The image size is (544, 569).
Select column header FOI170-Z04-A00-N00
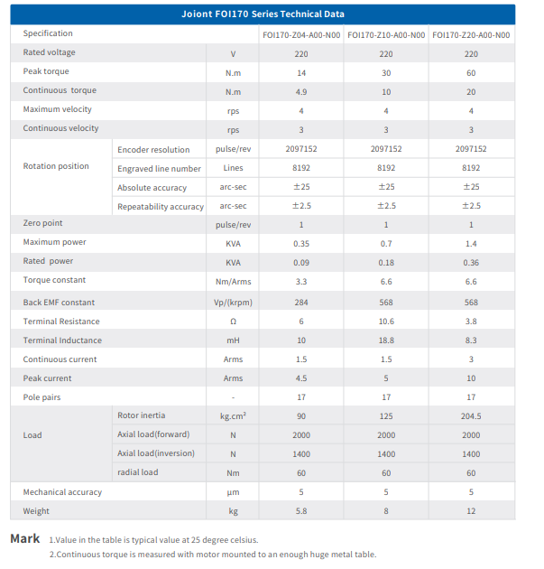tap(300, 35)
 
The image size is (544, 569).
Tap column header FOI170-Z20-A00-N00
tap(471, 35)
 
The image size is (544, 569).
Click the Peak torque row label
tap(46, 71)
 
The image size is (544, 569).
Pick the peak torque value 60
tap(471, 72)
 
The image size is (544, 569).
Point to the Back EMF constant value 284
tap(300, 303)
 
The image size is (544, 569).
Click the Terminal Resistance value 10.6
tap(386, 322)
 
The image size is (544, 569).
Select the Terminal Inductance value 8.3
tap(471, 340)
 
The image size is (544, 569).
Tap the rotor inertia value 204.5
tap(471, 415)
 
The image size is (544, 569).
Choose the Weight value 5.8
tap(300, 511)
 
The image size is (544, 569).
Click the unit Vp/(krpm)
tap(233, 303)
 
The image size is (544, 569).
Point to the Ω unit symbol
tap(233, 322)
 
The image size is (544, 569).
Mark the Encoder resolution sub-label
tap(153, 150)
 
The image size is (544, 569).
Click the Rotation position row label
tap(56, 166)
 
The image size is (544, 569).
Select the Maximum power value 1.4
tap(471, 243)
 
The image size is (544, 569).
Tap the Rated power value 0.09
tap(300, 262)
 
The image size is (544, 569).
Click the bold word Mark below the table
tap(24, 538)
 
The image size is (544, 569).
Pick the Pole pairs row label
tap(41, 397)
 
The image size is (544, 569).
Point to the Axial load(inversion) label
tap(156, 453)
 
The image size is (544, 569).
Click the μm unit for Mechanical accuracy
tap(233, 492)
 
